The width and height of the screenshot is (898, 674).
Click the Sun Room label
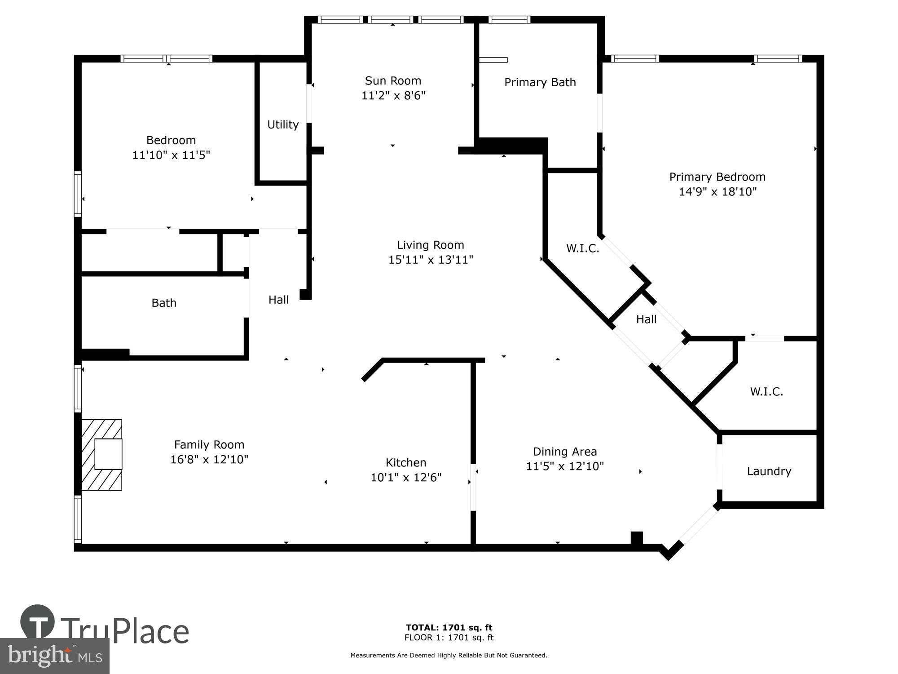[x=393, y=81]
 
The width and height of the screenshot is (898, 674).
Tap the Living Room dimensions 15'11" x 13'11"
[x=431, y=260]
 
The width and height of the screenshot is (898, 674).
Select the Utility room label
[x=283, y=124]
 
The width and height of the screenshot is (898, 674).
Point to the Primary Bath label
[x=540, y=82]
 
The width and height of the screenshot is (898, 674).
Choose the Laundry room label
[x=769, y=471]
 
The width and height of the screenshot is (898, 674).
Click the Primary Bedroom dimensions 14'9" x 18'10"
[x=717, y=192]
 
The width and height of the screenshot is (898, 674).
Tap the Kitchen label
[x=406, y=462]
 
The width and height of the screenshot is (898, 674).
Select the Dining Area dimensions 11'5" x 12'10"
[x=564, y=466]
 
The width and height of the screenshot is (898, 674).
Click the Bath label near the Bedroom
[x=164, y=303]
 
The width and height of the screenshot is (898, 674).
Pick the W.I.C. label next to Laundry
[x=766, y=391]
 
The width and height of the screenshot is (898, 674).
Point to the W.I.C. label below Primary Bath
[x=582, y=248]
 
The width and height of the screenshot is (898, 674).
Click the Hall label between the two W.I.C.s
[x=646, y=319]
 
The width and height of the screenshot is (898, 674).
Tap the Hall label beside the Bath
[x=278, y=300]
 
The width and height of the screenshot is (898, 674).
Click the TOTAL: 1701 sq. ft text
[x=449, y=627]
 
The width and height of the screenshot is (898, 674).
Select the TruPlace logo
[x=105, y=629]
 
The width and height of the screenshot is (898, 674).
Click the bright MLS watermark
[x=55, y=656]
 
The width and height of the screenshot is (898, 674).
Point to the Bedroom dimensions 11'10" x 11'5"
[x=171, y=155]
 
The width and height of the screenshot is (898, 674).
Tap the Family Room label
[x=209, y=444]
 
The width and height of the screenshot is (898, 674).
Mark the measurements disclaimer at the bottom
[x=449, y=656]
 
